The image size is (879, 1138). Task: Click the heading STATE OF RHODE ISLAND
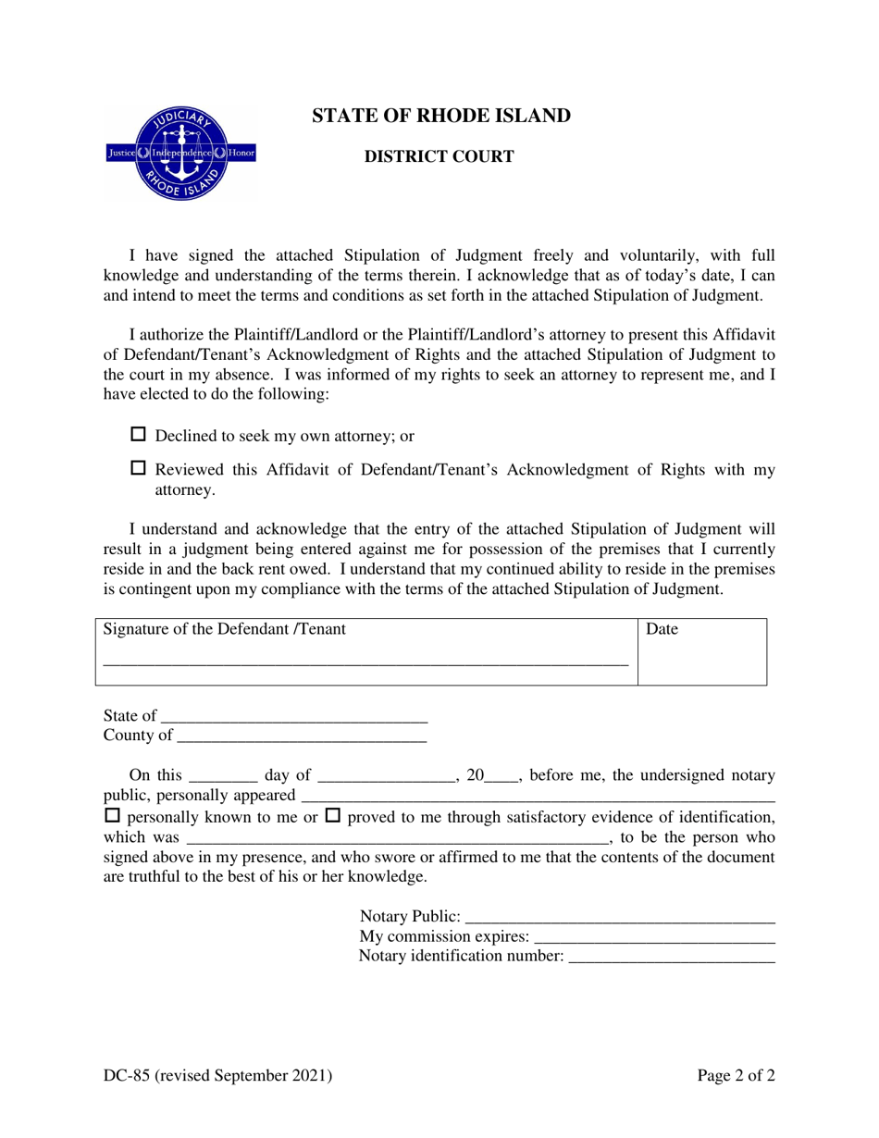pos(440,117)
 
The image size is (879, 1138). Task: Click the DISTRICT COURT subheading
pos(439,157)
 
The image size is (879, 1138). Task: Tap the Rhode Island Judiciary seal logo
pos(181,152)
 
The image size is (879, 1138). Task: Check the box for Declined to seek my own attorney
pos(140,434)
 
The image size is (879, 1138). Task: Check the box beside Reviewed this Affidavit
pos(140,469)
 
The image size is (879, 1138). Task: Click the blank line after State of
pos(293,718)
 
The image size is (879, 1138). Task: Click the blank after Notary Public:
pos(619,919)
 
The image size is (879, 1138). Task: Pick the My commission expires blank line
pos(654,939)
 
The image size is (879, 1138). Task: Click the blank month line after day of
pos(387,778)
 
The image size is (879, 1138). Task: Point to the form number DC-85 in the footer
pos(217,1075)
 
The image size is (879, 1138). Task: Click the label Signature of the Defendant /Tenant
pos(225,630)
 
